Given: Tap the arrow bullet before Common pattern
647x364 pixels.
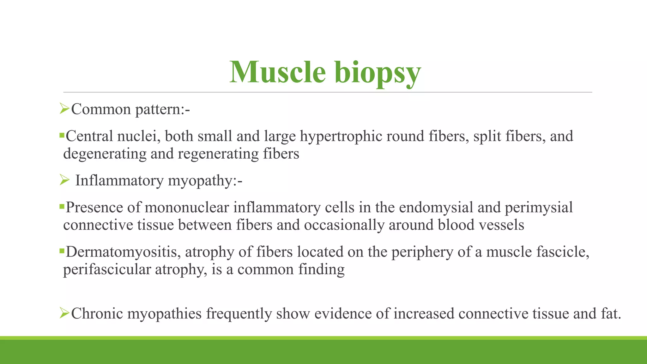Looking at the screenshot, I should point(64,109).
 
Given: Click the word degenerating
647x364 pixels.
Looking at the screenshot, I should point(105,154).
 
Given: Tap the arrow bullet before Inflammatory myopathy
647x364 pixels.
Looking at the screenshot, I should point(64,180).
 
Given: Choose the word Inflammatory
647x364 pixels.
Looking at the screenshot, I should point(119,181).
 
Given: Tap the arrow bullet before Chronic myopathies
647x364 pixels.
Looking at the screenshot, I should point(64,313).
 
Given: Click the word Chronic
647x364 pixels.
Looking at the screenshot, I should point(97,314).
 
